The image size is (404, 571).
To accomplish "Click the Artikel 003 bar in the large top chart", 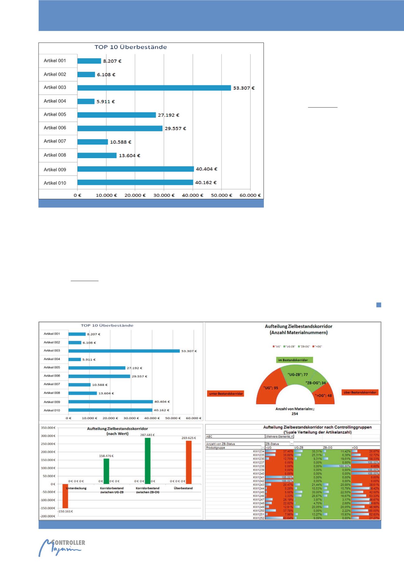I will pos(154,88).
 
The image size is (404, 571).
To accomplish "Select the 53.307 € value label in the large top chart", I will pos(244,88).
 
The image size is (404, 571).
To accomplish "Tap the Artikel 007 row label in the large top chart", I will pos(55,141).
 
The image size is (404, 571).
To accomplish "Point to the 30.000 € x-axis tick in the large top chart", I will pos(164,195).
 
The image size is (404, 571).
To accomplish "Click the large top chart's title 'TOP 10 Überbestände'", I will pos(131,47).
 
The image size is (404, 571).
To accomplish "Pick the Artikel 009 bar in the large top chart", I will pos(135,169).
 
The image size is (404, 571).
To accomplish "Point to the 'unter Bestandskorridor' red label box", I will pos(225,393).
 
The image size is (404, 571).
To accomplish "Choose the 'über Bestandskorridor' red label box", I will pos(360,392).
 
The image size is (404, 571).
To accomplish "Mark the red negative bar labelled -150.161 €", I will pos(65,496).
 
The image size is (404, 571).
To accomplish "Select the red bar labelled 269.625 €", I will pos(189,462).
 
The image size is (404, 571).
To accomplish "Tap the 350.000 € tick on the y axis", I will pos(48,428).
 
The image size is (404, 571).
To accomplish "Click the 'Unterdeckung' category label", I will pos(76,488).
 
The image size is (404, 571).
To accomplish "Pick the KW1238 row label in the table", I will pos(259,466).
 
